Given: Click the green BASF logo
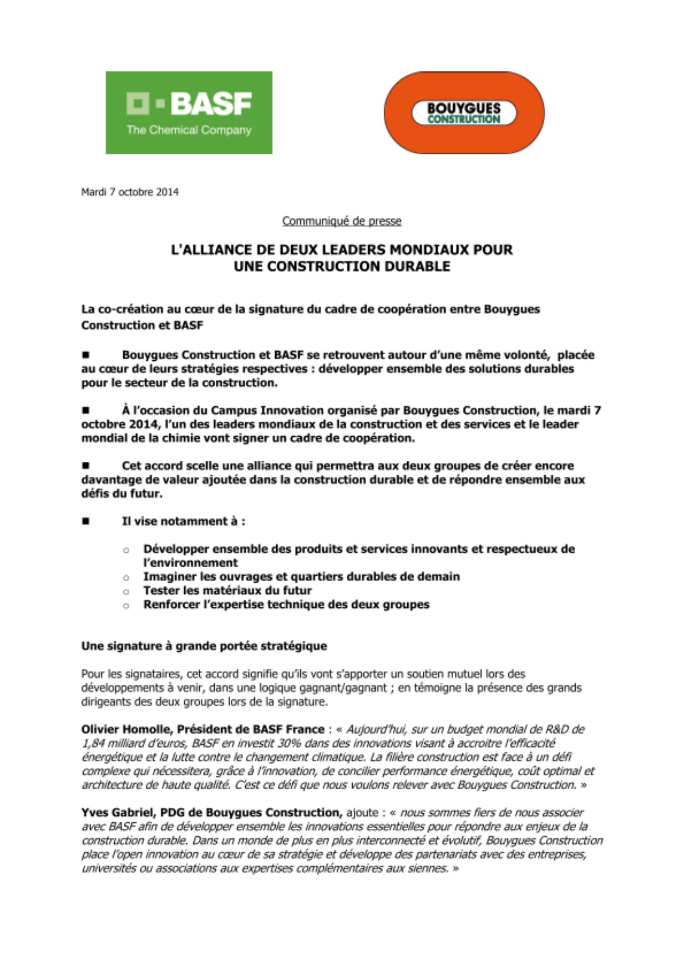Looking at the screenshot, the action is [189, 112].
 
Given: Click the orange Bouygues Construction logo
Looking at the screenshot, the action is [463, 112].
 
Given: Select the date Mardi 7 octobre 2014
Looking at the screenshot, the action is [130, 192].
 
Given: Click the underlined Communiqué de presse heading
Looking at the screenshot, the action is [342, 221].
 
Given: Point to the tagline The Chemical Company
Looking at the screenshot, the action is [189, 130].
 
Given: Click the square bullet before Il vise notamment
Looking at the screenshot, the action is [86, 521].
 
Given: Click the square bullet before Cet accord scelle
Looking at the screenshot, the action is [86, 466].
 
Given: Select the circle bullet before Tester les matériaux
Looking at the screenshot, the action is [126, 591].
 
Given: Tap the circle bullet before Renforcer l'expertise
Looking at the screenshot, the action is [126, 605].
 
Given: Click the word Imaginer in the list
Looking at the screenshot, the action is [165, 576].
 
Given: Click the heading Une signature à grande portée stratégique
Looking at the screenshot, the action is [204, 646].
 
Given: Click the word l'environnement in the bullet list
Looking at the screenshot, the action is [190, 563].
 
